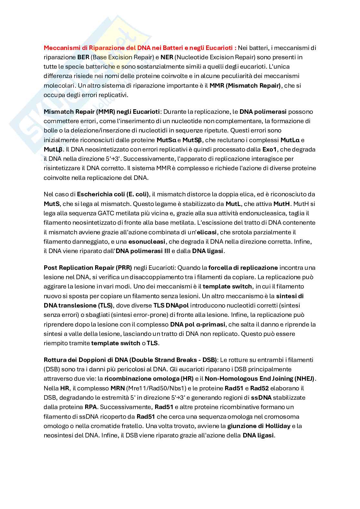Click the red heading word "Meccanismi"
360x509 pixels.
(59, 48)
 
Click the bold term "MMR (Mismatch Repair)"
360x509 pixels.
(245, 85)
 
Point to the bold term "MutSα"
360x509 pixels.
(166, 140)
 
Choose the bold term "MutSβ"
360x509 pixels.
(192, 140)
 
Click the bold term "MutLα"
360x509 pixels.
(290, 140)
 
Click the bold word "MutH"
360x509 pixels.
(282, 204)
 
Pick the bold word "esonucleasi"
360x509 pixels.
(147, 241)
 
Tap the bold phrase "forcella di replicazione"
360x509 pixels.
(243, 268)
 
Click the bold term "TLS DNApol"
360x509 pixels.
(171, 305)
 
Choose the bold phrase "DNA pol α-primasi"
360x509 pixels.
(198, 324)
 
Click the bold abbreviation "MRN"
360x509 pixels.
(117, 388)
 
